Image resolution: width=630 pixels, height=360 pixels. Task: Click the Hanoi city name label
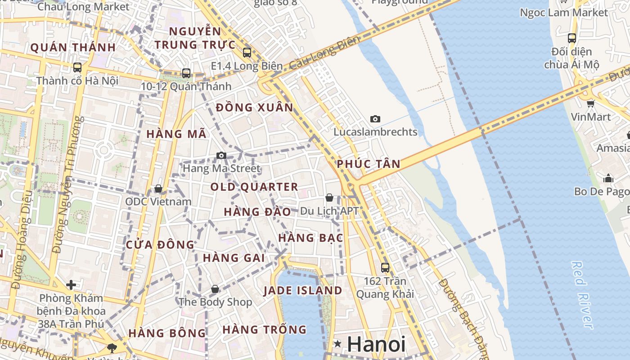click(376, 344)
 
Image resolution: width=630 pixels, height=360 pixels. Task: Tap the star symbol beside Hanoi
click(338, 344)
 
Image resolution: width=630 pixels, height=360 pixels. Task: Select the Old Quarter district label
click(254, 187)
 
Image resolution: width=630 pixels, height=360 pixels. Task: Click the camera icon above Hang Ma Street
click(221, 155)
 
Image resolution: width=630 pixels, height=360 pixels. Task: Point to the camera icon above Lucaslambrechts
click(375, 119)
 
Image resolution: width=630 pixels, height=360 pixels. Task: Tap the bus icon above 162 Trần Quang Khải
click(385, 267)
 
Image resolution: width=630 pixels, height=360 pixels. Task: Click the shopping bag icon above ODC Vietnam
click(158, 188)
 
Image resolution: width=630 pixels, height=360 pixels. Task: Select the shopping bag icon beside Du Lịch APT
click(329, 198)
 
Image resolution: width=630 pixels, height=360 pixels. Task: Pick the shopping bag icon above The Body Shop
click(215, 288)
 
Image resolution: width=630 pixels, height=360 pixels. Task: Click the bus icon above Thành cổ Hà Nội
click(77, 67)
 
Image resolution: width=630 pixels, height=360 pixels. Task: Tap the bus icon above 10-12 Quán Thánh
click(186, 73)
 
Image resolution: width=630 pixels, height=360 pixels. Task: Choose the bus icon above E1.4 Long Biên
click(247, 52)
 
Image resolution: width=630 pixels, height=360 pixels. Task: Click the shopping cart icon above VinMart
click(591, 103)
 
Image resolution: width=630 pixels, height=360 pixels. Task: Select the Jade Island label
click(303, 290)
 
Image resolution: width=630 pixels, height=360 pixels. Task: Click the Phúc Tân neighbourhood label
click(368, 164)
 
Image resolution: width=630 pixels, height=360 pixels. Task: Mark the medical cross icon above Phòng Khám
click(71, 285)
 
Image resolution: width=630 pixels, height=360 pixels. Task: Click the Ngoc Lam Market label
click(564, 13)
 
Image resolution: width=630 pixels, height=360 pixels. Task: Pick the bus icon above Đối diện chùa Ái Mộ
click(572, 38)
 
